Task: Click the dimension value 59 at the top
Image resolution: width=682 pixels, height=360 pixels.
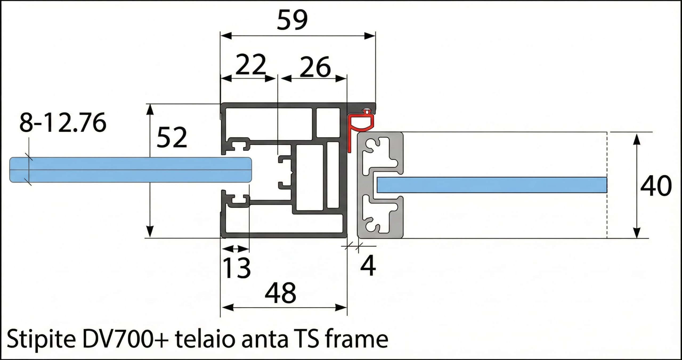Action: (292, 20)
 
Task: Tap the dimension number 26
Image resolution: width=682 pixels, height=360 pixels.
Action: (315, 67)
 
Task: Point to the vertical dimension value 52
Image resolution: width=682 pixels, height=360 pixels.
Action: (172, 137)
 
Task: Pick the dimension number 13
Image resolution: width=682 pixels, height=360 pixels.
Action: (236, 268)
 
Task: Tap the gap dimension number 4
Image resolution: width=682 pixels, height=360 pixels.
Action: (368, 266)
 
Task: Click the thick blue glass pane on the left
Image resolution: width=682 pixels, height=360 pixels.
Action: (130, 170)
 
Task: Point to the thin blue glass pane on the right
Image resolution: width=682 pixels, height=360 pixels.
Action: (492, 185)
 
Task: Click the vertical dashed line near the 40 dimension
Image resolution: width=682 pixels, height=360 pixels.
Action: (607, 185)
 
